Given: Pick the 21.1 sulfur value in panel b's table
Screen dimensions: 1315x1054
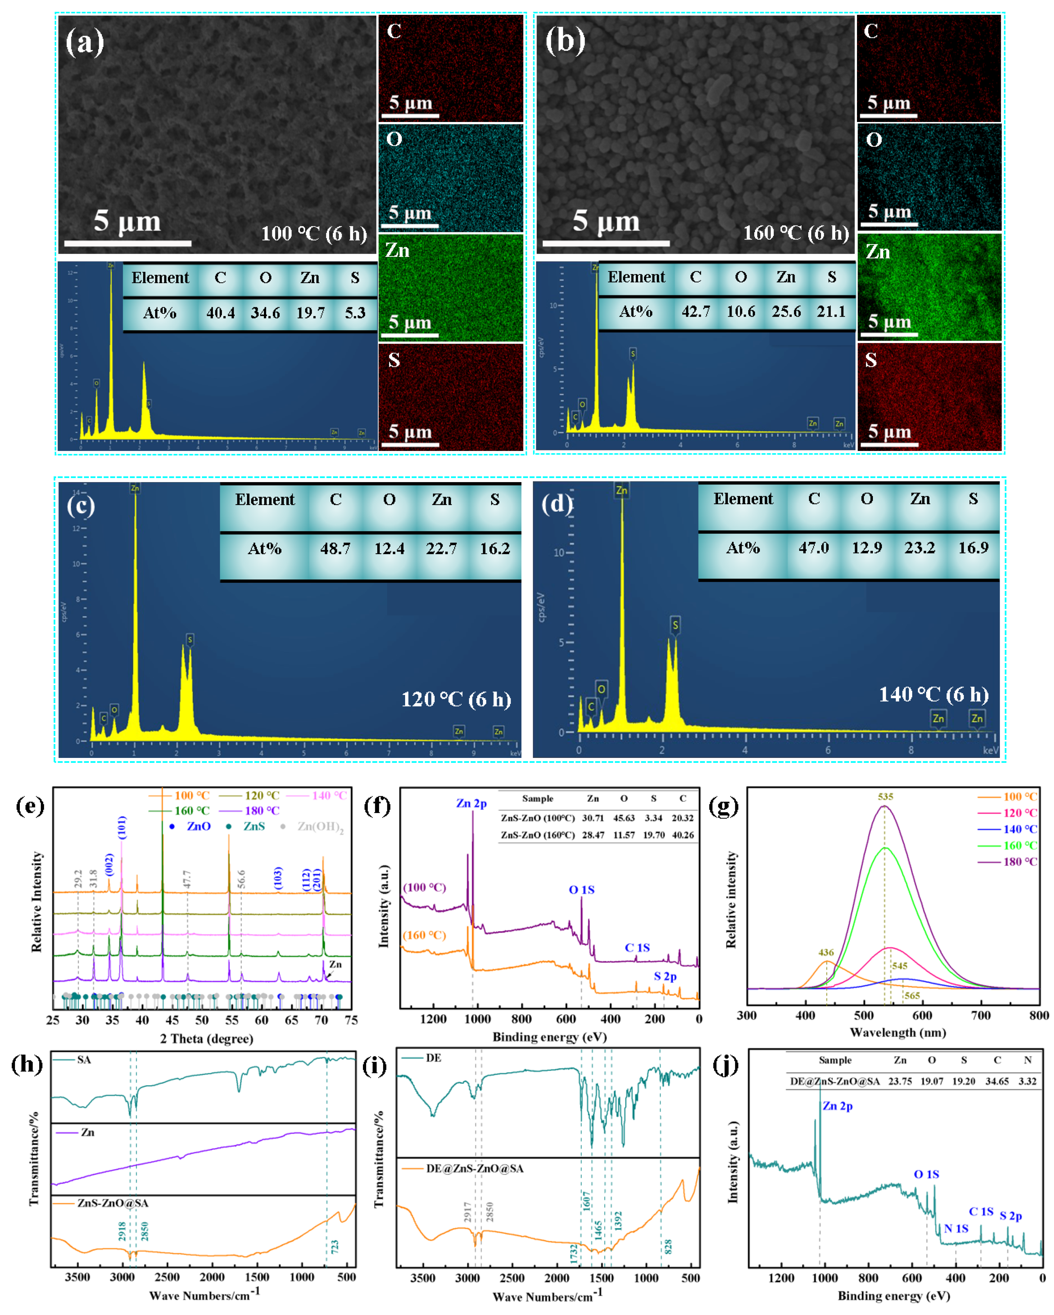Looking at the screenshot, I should (x=831, y=312).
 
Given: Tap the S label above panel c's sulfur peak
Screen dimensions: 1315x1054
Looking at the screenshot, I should (x=190, y=639).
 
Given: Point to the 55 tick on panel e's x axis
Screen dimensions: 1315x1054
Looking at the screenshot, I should (x=232, y=1020).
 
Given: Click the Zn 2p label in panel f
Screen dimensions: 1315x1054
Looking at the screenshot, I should (x=471, y=803).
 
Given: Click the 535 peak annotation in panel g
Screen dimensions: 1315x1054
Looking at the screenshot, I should (x=885, y=797).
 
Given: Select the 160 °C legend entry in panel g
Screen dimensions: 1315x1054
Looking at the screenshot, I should (x=1020, y=846).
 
